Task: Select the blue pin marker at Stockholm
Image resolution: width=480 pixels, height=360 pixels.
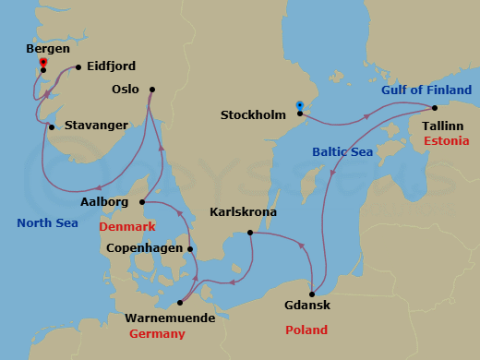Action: coord(299,106)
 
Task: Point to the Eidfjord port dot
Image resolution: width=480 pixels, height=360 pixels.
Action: coord(78,66)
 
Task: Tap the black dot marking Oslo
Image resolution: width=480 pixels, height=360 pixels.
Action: coord(151,90)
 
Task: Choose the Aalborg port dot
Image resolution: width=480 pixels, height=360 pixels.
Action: coord(141,202)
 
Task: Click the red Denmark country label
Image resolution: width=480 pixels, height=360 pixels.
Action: coord(128,226)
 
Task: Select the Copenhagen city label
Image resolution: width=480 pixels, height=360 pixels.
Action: coord(144,248)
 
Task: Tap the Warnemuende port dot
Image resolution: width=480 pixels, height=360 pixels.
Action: coord(181,302)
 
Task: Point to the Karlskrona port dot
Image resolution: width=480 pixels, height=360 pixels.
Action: coord(250,233)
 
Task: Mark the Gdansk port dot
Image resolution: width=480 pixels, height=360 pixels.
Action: coord(312,294)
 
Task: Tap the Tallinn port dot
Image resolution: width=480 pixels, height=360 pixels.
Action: coord(436,105)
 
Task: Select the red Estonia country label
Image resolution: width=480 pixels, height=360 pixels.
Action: coord(450,140)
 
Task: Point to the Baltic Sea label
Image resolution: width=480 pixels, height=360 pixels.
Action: coord(342,151)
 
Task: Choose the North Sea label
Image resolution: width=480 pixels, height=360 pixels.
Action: coord(46,222)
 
